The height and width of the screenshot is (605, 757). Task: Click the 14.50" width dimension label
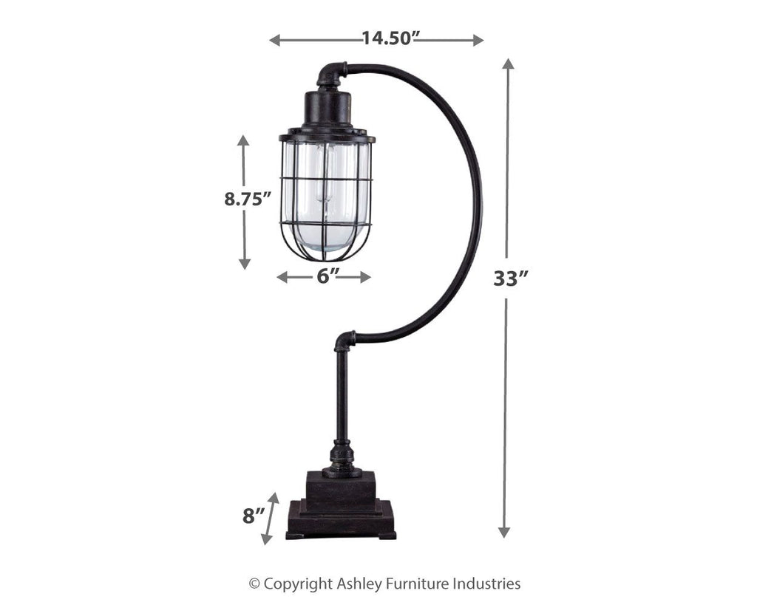point(386,38)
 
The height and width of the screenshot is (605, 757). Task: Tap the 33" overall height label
point(512,279)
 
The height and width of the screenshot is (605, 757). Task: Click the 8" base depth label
point(253,515)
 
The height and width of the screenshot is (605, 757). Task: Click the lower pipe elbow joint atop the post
point(344,341)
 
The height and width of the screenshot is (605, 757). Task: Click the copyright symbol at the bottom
point(254,584)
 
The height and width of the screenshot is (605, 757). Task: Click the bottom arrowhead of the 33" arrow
point(504,532)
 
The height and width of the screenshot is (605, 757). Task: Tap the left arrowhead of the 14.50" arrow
point(274,40)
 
